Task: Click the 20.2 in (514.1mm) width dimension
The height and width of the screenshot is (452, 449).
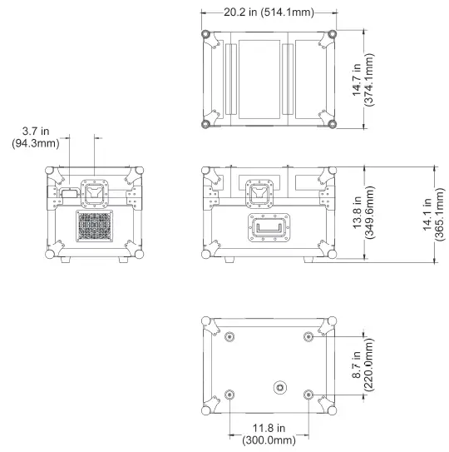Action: [269, 12]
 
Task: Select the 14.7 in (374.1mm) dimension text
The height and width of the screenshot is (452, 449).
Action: [363, 80]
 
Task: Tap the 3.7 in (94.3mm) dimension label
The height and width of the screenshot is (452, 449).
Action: [36, 137]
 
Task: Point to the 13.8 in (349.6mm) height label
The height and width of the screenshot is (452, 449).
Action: [363, 212]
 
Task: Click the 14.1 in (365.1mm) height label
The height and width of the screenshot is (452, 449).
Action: [433, 214]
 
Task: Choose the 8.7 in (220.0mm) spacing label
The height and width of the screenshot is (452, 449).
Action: [363, 365]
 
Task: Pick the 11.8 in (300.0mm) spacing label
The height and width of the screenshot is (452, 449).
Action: [269, 434]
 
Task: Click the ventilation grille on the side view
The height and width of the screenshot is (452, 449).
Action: [95, 226]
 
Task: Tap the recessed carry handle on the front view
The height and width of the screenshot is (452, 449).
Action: [269, 227]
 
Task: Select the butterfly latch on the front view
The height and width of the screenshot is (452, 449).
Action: [259, 193]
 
